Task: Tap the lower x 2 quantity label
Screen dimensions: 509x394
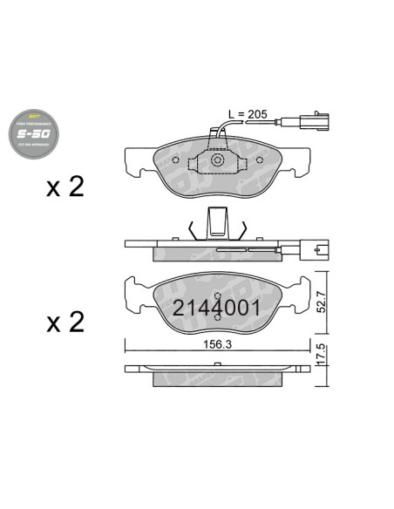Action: point(65,322)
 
